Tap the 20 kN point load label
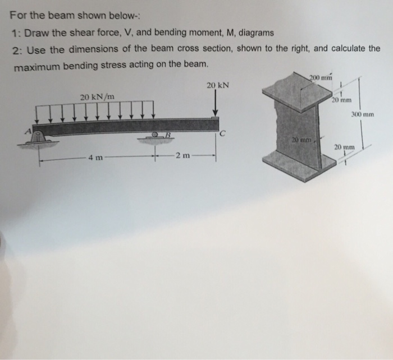[x=217, y=86]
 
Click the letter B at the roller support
[x=166, y=135]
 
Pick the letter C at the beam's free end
[x=223, y=134]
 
